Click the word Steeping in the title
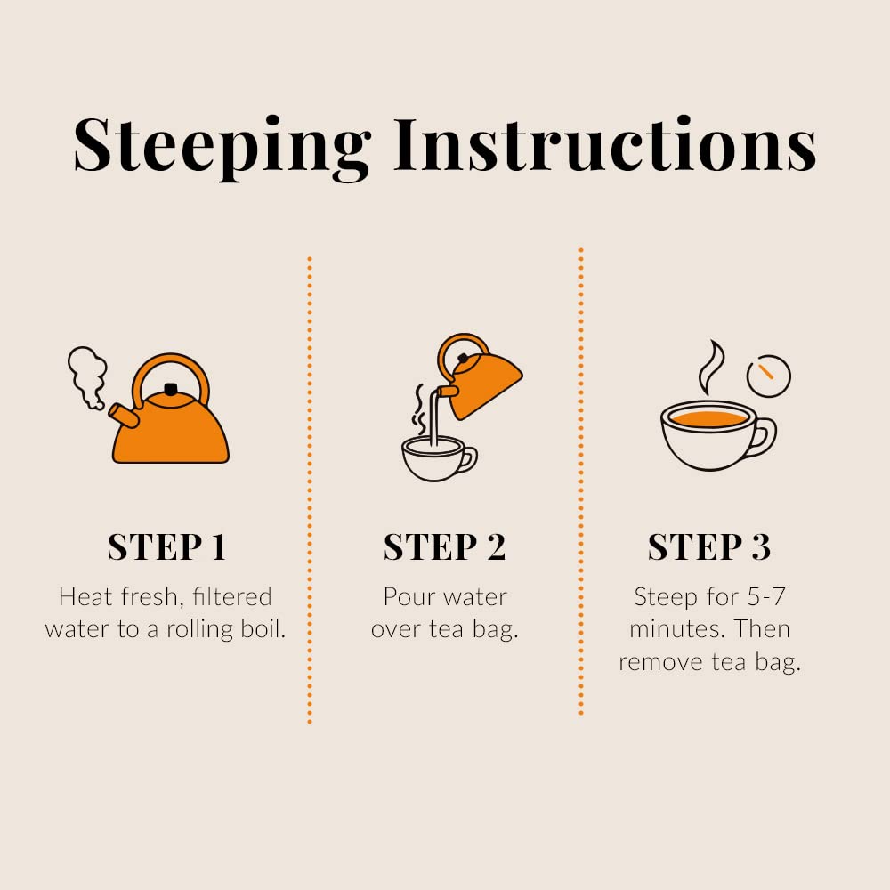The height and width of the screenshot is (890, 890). [x=222, y=148]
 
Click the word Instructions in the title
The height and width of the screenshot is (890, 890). [x=605, y=144]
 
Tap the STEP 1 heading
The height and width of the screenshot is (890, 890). [x=167, y=547]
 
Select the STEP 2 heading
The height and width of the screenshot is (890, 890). [x=444, y=547]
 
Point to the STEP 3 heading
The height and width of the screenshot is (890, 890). [x=709, y=547]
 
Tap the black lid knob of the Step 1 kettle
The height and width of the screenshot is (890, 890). [x=170, y=389]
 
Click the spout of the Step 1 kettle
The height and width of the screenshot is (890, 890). [x=124, y=416]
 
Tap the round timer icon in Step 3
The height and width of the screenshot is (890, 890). [x=769, y=376]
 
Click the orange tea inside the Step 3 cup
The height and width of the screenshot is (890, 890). [x=709, y=419]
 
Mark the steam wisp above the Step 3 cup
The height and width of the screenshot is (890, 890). [x=710, y=367]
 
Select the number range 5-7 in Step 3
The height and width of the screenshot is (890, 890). [x=765, y=596]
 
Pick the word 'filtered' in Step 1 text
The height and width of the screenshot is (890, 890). [x=231, y=596]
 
